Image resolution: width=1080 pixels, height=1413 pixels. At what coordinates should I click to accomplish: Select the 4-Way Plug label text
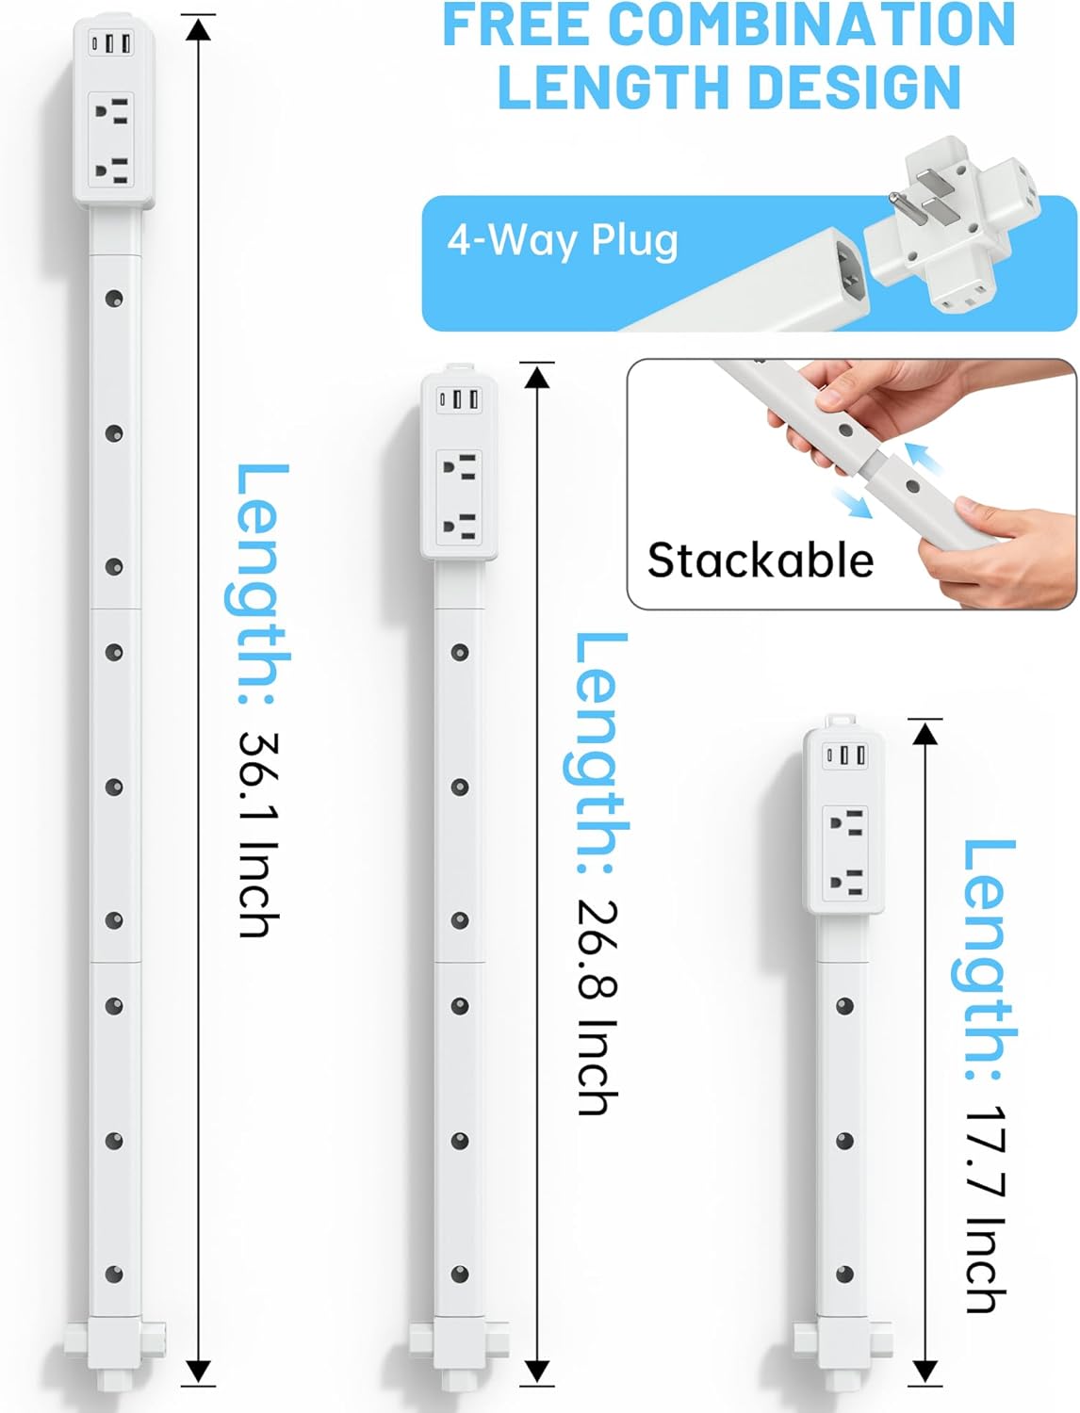pos(563,240)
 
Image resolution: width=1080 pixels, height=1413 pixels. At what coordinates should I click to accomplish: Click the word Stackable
pos(761,560)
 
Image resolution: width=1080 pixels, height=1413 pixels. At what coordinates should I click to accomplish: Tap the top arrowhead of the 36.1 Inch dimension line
pos(198,30)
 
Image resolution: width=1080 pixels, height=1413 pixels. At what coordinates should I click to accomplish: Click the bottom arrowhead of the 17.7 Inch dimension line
pos(925,1372)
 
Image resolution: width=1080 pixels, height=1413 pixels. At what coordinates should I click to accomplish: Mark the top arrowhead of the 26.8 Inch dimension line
pos(536,377)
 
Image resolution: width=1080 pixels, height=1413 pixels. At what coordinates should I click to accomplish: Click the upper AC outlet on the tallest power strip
pos(111,113)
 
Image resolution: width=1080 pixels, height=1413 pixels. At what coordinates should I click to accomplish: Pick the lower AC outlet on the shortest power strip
pos(844,883)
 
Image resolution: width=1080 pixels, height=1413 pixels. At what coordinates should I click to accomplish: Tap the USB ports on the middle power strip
pos(459,399)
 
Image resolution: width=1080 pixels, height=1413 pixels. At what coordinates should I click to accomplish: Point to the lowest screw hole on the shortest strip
pos(844,1275)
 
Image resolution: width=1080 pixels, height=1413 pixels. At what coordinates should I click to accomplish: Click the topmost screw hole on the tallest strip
pos(114,299)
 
